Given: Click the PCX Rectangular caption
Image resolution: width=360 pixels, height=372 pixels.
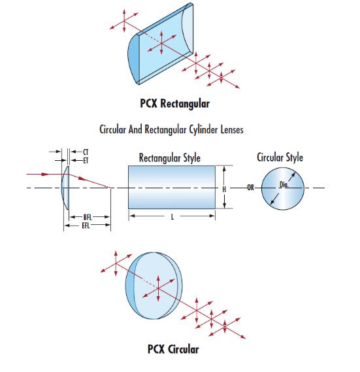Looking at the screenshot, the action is click(x=175, y=104).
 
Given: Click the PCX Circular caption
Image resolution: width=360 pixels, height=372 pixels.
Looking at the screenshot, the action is click(x=173, y=349).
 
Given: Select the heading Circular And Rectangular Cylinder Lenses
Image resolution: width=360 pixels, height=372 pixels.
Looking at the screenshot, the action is click(x=171, y=129).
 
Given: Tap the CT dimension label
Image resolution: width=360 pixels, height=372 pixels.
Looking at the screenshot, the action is click(x=86, y=152).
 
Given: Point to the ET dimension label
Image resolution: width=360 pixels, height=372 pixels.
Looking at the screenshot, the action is click(x=86, y=161).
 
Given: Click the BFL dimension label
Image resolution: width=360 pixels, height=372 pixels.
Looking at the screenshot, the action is click(x=88, y=217).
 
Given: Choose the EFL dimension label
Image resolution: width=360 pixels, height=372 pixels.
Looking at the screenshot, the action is click(x=86, y=226).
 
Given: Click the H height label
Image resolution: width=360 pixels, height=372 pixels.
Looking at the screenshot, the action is click(x=224, y=190).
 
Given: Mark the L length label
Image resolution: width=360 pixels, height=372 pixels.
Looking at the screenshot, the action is click(x=172, y=217).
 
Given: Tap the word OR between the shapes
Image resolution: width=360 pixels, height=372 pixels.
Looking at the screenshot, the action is click(x=251, y=188).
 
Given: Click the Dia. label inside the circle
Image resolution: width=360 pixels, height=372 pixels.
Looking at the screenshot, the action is click(x=284, y=184).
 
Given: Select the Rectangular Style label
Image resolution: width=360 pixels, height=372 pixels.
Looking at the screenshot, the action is click(x=170, y=158).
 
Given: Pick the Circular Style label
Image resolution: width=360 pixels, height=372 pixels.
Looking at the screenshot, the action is click(x=280, y=158).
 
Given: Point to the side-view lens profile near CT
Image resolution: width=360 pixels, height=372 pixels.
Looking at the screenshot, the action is click(x=65, y=188).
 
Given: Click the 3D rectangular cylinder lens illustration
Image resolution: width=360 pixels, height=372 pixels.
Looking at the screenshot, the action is click(x=161, y=44).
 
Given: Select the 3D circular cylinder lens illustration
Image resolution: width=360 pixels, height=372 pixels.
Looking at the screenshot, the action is click(x=154, y=286).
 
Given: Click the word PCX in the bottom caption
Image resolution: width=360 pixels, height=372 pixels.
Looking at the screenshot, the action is click(x=156, y=349).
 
